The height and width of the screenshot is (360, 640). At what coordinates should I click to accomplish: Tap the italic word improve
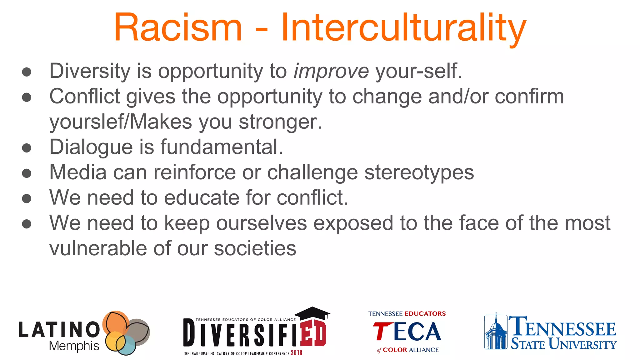click(x=331, y=71)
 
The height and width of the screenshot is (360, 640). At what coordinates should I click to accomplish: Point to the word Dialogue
click(x=91, y=147)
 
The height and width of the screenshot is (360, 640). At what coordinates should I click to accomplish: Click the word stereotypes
click(x=419, y=173)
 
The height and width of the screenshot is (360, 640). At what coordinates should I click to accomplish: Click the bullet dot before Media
click(x=27, y=173)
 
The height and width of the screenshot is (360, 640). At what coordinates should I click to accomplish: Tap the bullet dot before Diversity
click(x=27, y=72)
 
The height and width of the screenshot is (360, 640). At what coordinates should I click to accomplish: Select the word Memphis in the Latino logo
click(x=74, y=346)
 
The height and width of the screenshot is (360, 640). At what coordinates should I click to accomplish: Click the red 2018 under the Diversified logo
click(x=297, y=353)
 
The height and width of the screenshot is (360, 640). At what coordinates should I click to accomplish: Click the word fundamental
click(x=222, y=147)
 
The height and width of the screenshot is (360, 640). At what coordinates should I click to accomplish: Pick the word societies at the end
click(x=255, y=248)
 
